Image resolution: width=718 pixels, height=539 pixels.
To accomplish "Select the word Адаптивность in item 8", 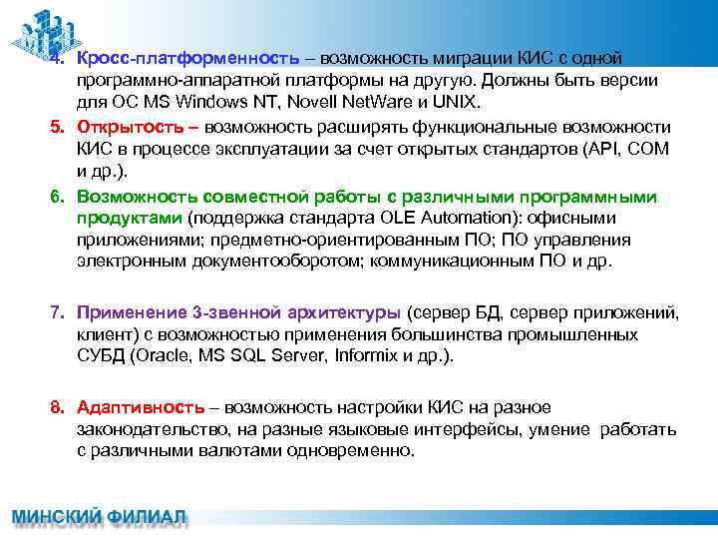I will [141, 407].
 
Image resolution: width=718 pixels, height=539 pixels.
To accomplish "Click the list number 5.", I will [59, 127].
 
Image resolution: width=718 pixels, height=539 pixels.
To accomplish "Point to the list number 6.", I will [59, 195].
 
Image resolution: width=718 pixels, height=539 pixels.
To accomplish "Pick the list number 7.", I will [59, 312].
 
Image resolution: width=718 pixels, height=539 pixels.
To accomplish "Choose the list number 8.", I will [59, 407].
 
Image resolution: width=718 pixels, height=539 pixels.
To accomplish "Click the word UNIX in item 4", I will [457, 103].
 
